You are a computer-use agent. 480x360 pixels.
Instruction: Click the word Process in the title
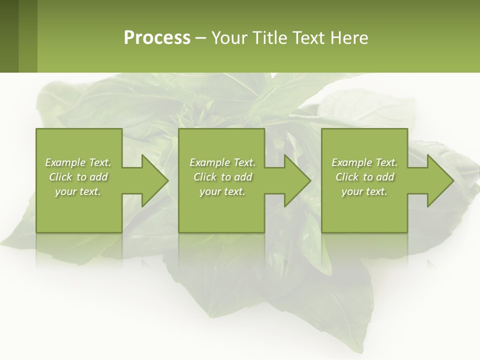click(157, 38)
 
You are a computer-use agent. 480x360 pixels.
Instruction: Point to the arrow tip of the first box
click(166, 180)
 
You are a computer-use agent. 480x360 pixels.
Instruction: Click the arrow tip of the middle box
click(308, 180)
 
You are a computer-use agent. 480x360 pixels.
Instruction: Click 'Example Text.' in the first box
click(78, 162)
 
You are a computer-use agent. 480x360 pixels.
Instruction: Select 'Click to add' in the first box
click(78, 177)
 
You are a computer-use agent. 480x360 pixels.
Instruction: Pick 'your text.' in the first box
click(78, 191)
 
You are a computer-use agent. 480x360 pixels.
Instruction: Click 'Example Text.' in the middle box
click(222, 162)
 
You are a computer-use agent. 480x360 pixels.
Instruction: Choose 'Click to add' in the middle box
click(222, 177)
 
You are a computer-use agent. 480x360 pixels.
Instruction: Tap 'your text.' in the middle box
click(222, 191)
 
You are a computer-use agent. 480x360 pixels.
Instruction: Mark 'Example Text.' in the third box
click(364, 162)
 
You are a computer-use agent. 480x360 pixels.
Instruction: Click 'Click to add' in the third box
click(364, 177)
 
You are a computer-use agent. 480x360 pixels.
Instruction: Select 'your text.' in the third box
click(364, 191)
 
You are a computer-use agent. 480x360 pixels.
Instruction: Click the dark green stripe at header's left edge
click(9, 36)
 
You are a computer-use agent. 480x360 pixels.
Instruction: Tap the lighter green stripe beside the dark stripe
click(28, 36)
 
